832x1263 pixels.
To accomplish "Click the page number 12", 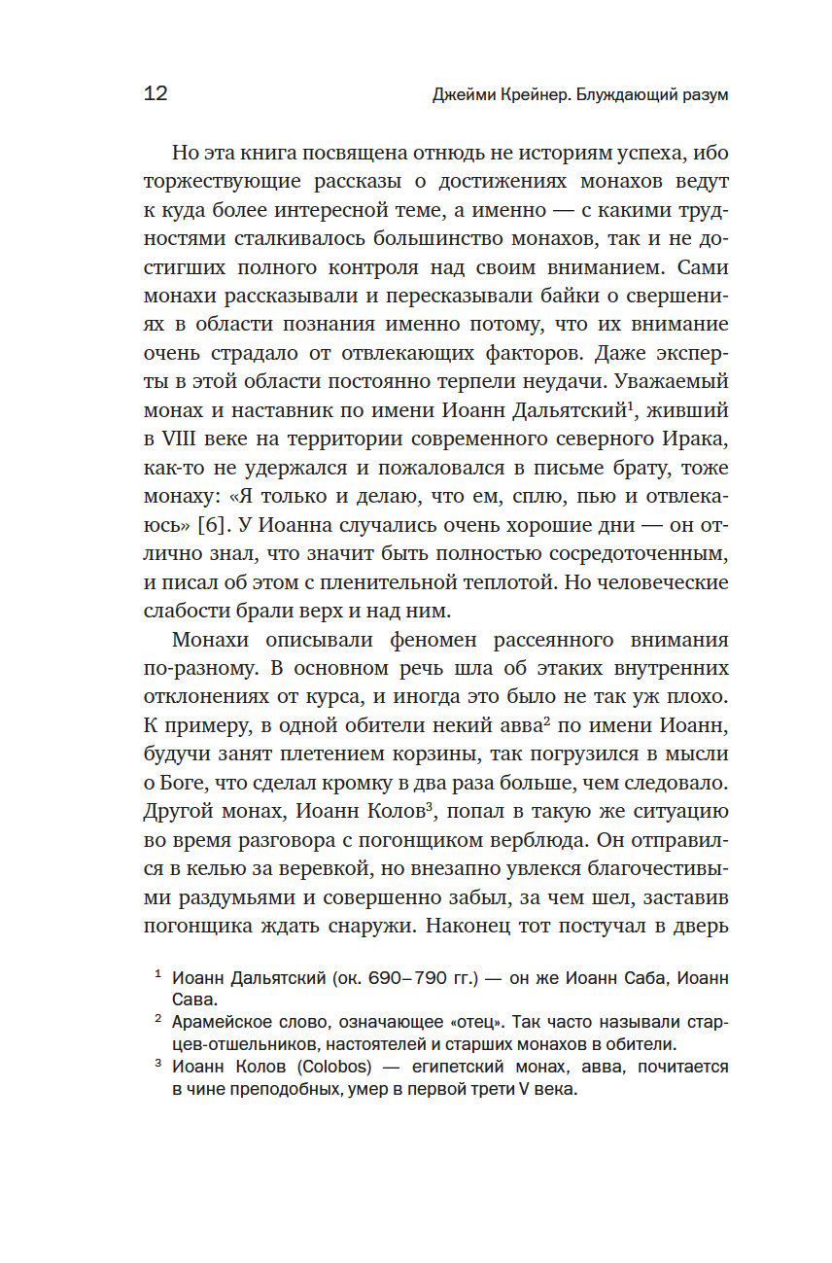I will (x=156, y=93).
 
